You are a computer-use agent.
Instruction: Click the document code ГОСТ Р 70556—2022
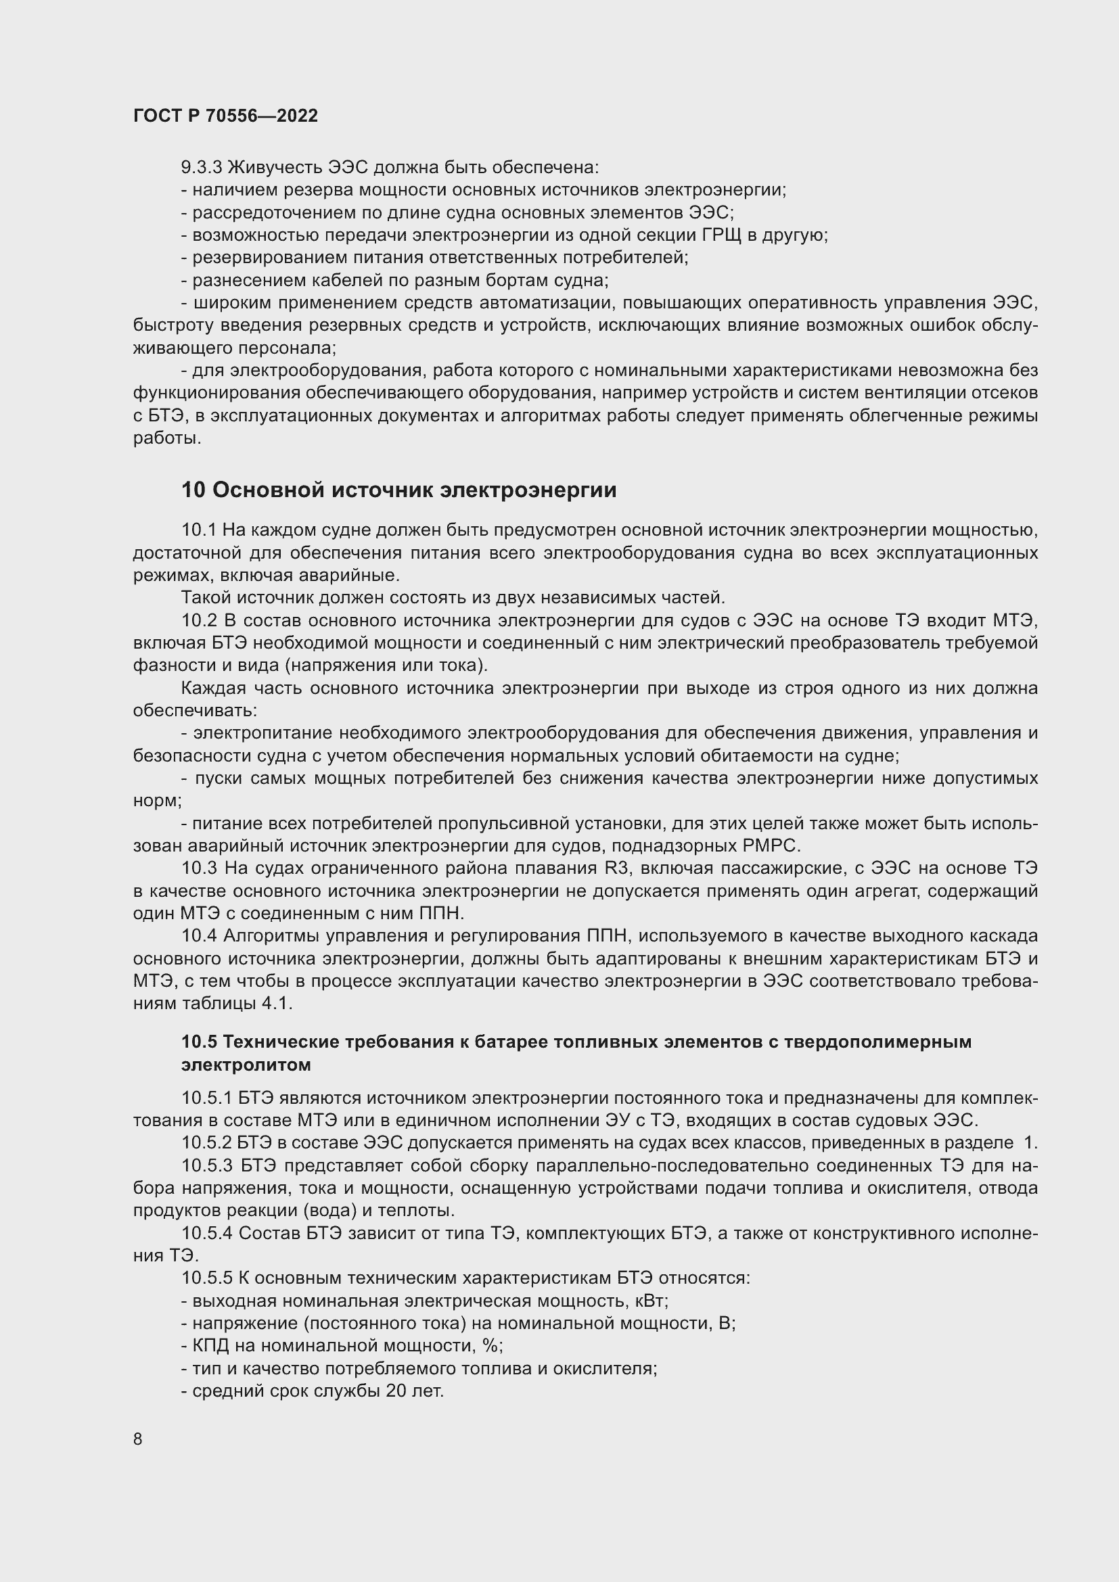coord(225,116)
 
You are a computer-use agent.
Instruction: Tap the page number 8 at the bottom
coord(138,1439)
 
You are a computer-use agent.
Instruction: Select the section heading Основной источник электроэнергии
coord(414,490)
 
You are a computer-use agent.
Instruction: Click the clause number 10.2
coord(199,620)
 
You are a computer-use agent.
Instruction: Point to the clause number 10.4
coord(199,935)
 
